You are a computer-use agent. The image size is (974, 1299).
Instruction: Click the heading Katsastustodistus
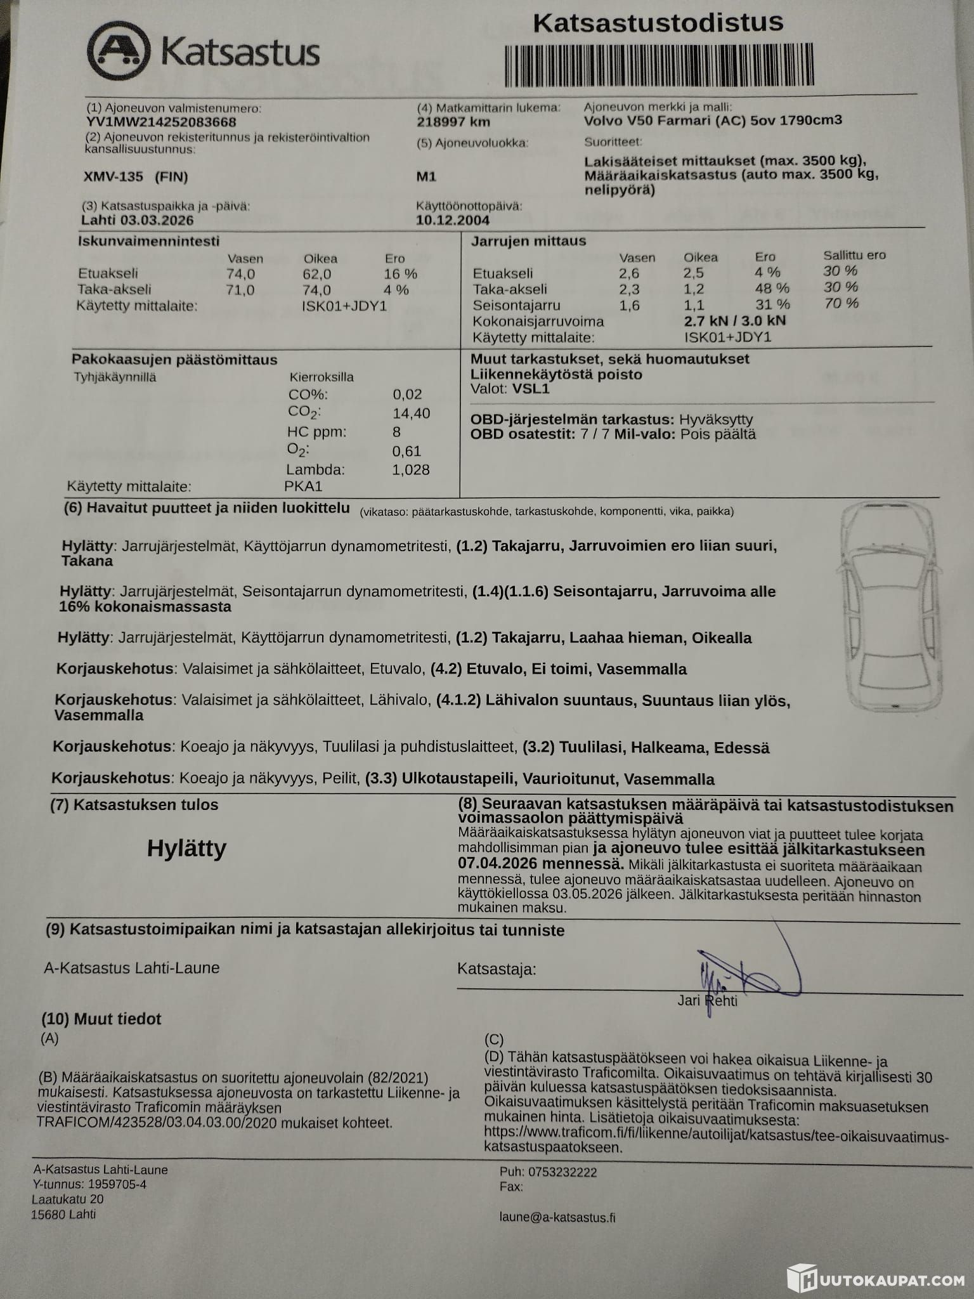(658, 23)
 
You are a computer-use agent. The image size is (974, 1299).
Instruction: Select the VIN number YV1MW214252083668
(161, 122)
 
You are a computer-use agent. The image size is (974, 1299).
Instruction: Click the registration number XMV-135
(114, 177)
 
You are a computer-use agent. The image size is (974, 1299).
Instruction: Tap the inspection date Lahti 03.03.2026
(138, 221)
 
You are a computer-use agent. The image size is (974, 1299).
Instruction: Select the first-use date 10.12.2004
(453, 221)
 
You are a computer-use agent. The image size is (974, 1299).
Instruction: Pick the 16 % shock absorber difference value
(400, 274)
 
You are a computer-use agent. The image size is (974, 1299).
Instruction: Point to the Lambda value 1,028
(411, 470)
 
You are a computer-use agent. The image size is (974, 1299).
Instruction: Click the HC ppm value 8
(396, 432)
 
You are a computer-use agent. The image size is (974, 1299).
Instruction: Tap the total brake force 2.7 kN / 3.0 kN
(735, 321)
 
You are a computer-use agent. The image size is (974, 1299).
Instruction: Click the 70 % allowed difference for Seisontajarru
(841, 304)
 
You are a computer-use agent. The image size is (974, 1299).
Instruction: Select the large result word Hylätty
(186, 849)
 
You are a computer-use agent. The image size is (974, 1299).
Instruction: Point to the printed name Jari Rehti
(707, 1001)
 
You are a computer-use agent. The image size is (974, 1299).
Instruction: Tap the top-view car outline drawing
(893, 606)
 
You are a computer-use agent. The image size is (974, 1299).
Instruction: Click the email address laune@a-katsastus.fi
(557, 1217)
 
